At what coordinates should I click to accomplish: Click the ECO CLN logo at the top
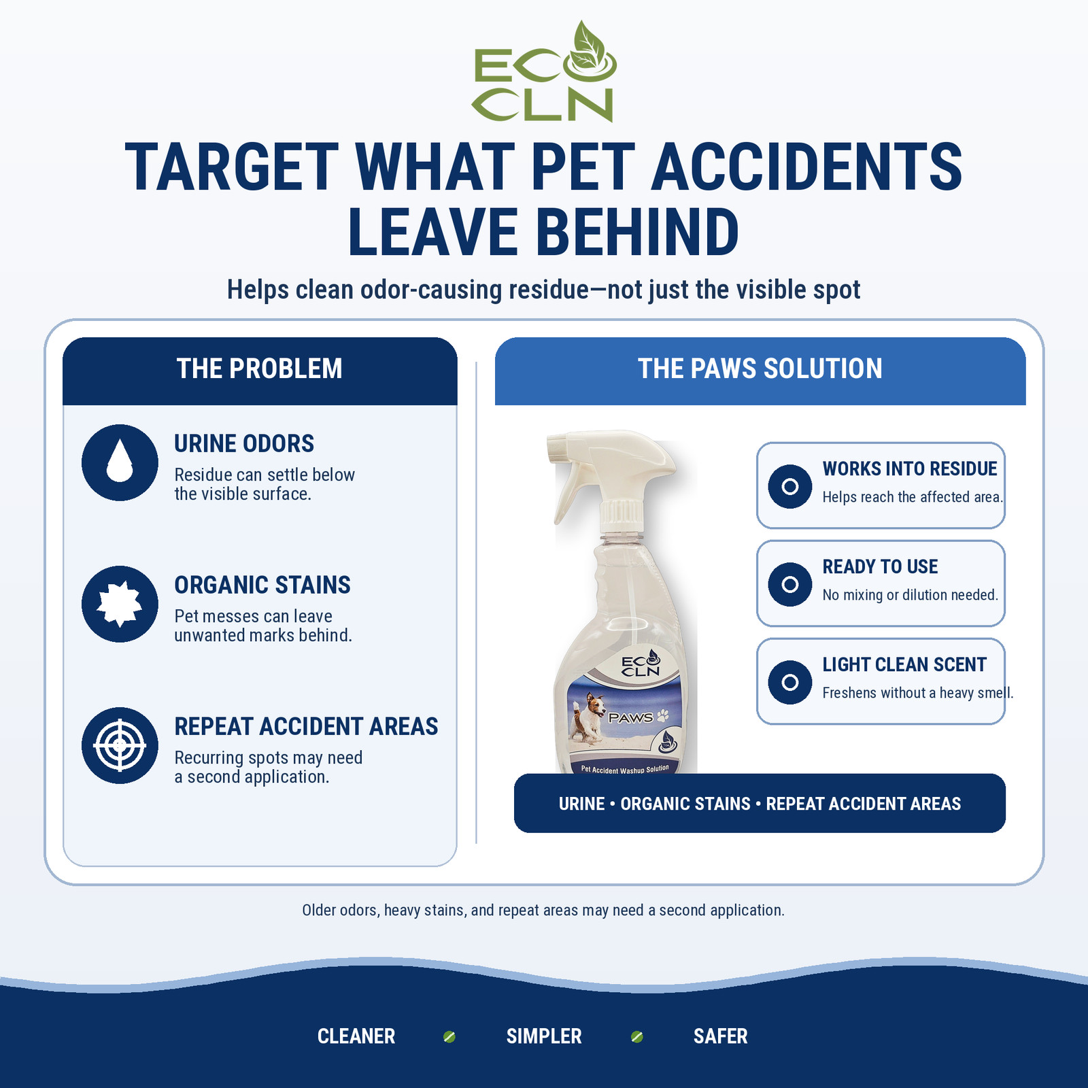coord(544,71)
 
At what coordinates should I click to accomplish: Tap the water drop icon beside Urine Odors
coord(120,462)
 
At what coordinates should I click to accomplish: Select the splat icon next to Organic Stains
coord(120,604)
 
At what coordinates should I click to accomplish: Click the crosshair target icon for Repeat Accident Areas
coord(120,745)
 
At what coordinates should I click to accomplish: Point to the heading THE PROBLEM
coord(260,369)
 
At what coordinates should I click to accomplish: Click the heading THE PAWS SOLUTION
coord(760,369)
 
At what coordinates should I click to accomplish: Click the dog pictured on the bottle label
coord(588,717)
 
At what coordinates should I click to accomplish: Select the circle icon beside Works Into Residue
coord(790,486)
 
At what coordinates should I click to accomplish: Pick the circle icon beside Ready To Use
coord(790,584)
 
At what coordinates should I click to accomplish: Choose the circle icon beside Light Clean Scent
coord(790,682)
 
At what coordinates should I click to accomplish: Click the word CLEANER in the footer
coord(356,1036)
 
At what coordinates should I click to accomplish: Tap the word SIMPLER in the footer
coord(544,1036)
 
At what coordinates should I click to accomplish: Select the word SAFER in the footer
coord(721,1036)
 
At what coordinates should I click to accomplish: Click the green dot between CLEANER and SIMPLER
coord(449,1036)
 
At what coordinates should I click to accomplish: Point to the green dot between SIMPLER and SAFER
coord(637,1036)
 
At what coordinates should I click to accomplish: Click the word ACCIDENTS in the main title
coord(806,167)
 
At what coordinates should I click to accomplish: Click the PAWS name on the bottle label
coord(631,717)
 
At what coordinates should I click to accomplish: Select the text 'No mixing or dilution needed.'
coord(911,595)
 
